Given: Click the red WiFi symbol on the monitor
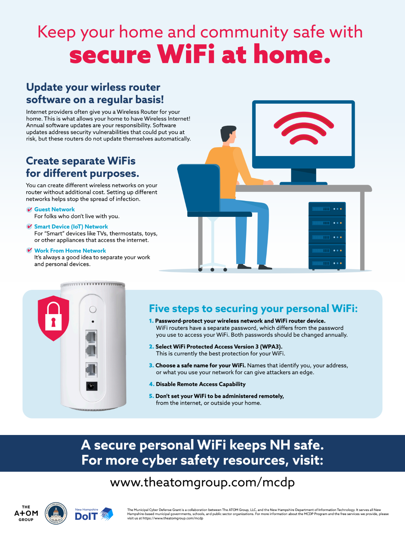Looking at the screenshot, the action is pos(304,128).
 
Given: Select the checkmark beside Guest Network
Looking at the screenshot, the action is pos(29,209).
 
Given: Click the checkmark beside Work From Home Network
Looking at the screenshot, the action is pos(29,250).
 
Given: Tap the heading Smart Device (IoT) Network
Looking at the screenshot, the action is pos(71,226).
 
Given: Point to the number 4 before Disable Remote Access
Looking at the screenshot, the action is pos(151,384).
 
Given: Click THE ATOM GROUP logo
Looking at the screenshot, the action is pos(26,513).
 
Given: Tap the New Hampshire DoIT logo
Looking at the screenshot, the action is pos(94,514).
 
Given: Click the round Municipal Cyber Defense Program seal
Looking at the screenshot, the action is pos(56,513).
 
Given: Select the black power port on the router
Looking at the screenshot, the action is pos(92,386).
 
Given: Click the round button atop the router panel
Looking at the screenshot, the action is pos(93,309).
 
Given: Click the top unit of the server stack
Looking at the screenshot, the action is pos(327,209).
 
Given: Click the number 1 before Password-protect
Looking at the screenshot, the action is pos(151,321).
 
